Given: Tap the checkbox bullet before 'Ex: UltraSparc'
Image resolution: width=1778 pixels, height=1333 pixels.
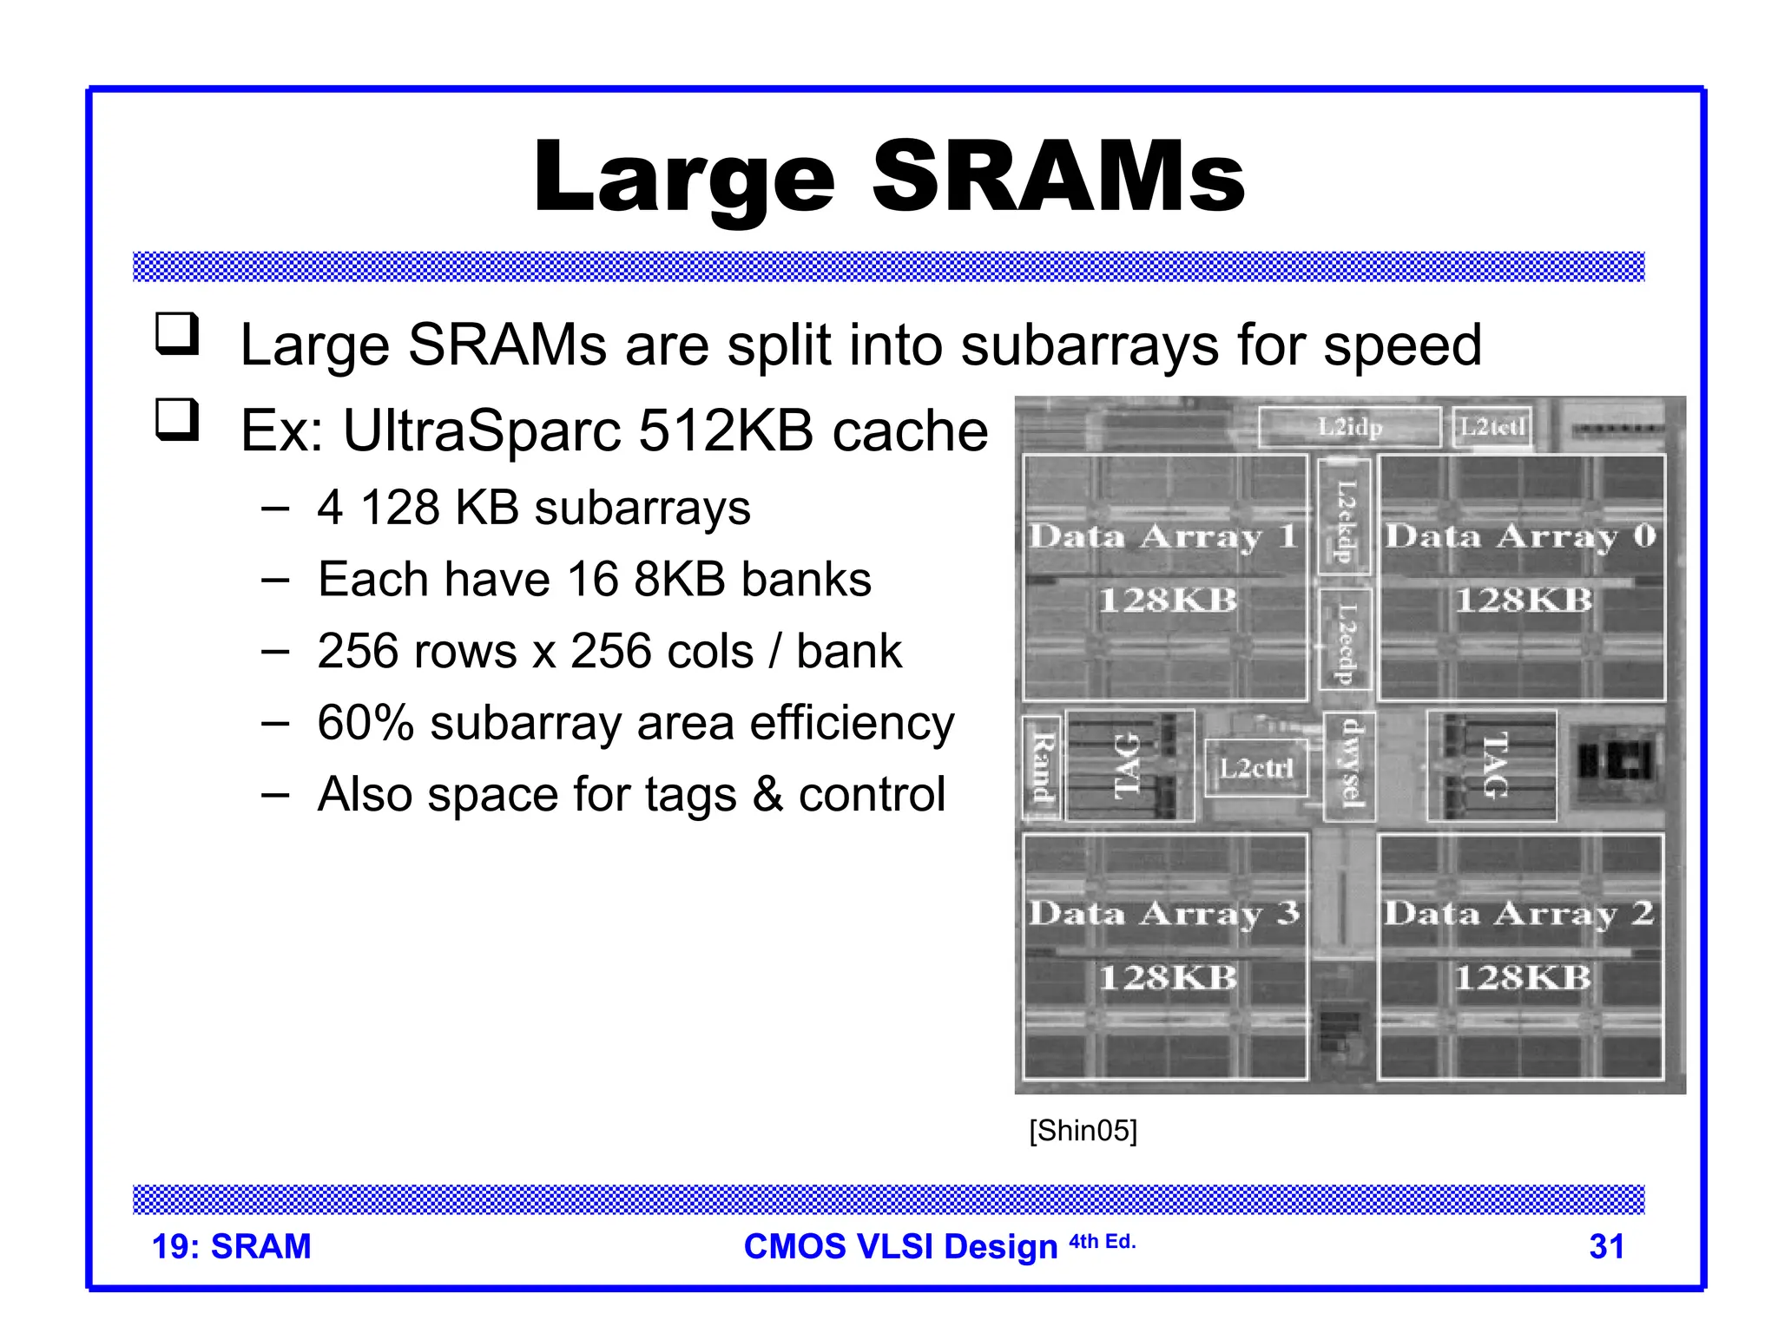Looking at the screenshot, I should [x=177, y=420].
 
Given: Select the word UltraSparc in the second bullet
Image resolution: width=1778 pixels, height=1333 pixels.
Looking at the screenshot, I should [x=482, y=430].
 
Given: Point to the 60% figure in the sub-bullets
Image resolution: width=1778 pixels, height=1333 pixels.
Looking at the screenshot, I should [x=365, y=723].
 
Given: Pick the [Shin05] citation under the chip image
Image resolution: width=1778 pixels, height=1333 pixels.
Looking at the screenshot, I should [x=1083, y=1131].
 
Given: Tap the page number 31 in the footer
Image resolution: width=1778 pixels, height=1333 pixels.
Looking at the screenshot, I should [x=1606, y=1246].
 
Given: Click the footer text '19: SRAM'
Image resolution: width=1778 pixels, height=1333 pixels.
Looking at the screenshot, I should [x=231, y=1246].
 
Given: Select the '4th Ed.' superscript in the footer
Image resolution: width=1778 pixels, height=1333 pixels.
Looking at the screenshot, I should [x=1102, y=1242].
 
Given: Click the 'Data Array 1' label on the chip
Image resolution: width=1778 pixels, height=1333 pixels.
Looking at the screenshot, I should [x=1163, y=536].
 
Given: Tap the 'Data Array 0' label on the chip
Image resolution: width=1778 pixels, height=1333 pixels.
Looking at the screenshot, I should [x=1520, y=536].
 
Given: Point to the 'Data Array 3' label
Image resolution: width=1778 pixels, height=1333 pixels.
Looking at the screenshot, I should [x=1163, y=913].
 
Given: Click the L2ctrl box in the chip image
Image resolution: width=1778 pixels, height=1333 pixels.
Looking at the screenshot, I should [x=1255, y=768].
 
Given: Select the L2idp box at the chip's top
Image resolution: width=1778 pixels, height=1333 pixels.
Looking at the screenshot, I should [x=1349, y=427].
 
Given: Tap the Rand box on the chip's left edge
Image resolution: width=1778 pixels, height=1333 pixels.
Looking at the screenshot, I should [x=1042, y=767].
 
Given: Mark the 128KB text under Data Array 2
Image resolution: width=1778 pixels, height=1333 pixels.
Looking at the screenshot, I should [x=1522, y=978].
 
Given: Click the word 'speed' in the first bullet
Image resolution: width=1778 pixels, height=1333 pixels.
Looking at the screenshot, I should [x=1402, y=345].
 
